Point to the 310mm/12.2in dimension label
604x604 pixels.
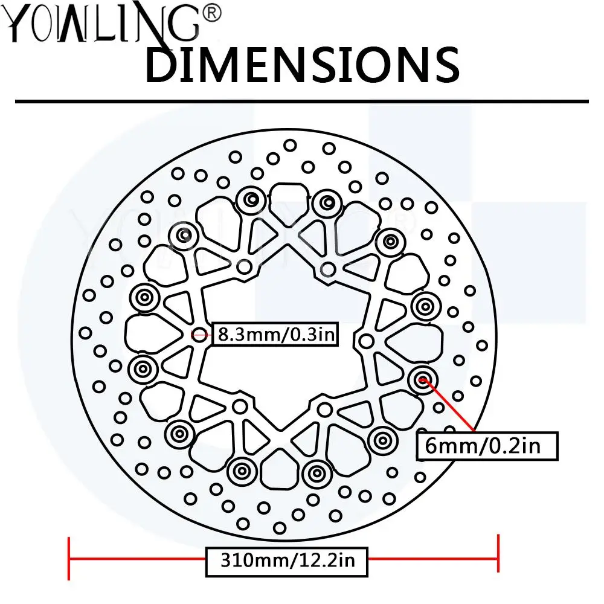coord(286,561)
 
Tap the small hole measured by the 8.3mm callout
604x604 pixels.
coord(199,333)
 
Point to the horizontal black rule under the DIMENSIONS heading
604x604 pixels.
coord(302,101)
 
